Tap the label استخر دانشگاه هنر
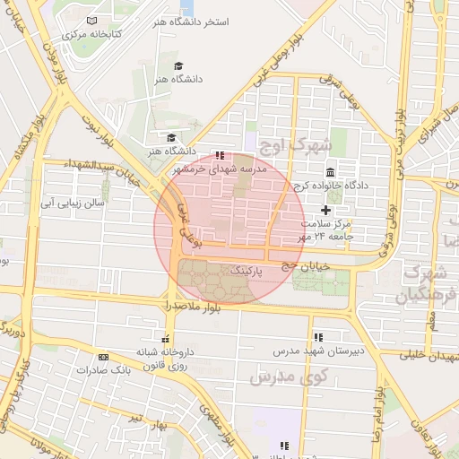(191, 20)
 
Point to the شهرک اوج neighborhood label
(294, 143)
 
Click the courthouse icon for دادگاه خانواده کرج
(331, 172)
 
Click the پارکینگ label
(247, 269)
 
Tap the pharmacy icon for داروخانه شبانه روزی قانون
(165, 339)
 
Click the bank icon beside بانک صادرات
(103, 356)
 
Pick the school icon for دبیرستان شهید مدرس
(318, 337)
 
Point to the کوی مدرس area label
(284, 377)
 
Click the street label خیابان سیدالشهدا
(105, 166)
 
